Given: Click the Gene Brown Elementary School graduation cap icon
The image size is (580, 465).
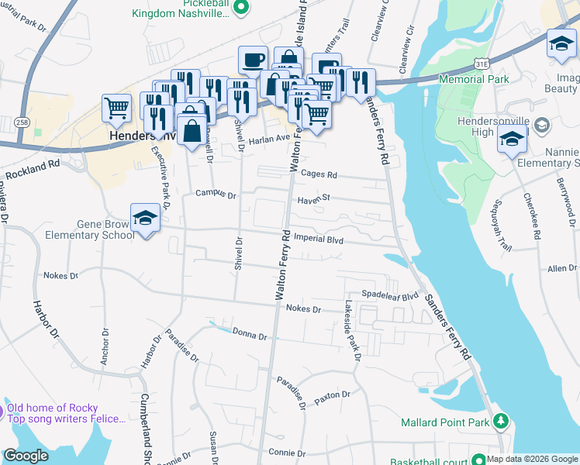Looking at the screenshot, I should point(145,219).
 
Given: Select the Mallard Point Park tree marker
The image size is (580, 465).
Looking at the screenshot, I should point(501,422).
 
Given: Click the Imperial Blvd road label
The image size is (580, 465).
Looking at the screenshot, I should point(319,240).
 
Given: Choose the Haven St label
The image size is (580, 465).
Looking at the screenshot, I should point(314,198).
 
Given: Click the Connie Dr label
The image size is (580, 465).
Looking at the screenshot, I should point(283,452).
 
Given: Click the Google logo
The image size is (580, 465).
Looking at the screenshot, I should point(26,456).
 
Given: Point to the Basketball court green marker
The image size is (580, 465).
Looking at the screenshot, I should point(478,460).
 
